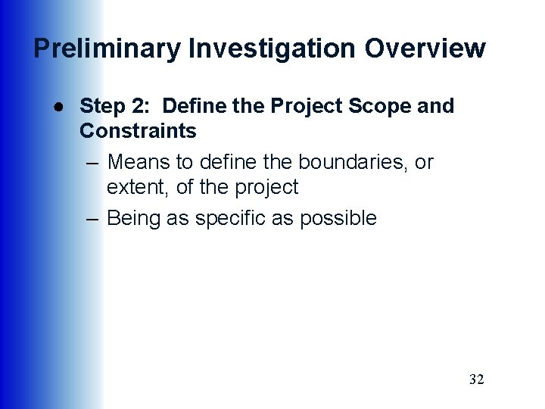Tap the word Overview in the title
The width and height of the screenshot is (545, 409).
pyautogui.click(x=425, y=48)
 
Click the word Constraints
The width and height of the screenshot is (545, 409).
pyautogui.click(x=138, y=131)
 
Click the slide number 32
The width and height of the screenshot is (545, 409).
pyautogui.click(x=476, y=379)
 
